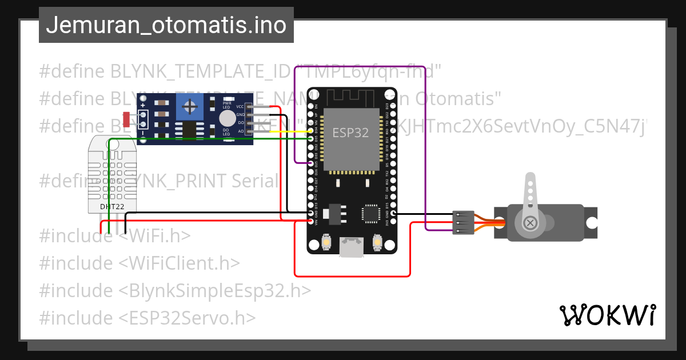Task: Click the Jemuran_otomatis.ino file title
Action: pos(166,26)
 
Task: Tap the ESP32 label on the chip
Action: pos(350,133)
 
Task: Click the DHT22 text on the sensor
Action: pos(112,206)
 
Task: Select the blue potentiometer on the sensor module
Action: pos(191,106)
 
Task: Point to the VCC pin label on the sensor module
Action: pos(240,107)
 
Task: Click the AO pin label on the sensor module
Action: pos(241,131)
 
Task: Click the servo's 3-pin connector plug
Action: pos(462,222)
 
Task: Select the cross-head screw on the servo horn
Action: pos(531,222)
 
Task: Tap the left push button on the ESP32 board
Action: pos(325,243)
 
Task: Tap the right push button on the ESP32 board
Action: pos(377,243)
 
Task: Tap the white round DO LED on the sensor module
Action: pos(228,118)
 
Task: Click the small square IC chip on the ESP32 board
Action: pos(369,214)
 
